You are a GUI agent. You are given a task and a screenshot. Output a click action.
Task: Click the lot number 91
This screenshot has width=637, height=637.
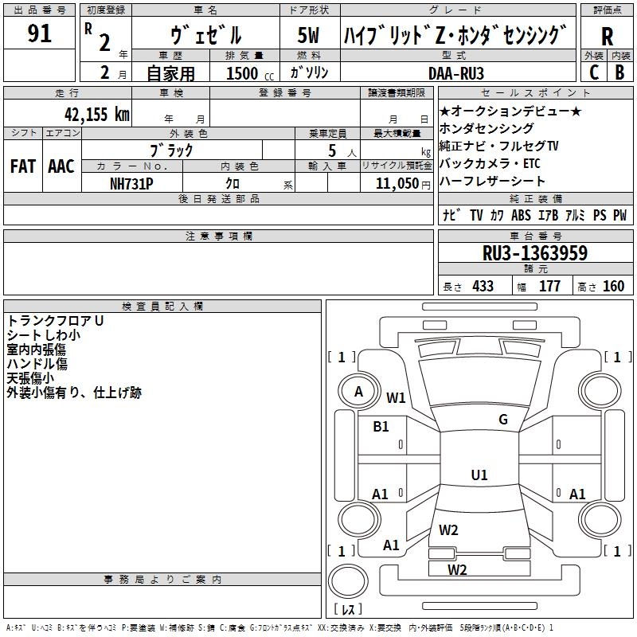(x=39, y=33)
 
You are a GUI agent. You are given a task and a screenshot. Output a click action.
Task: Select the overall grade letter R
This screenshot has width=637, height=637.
(x=607, y=37)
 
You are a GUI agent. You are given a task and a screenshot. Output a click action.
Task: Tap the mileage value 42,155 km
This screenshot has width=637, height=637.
(x=96, y=114)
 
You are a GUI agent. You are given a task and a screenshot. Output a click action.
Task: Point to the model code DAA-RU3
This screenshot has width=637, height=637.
(x=456, y=73)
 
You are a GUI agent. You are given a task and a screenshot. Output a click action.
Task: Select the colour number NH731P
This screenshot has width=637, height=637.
(x=131, y=184)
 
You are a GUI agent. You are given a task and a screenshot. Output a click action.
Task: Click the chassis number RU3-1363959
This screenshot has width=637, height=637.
(x=535, y=252)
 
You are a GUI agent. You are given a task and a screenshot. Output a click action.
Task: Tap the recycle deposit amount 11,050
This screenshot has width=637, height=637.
(x=397, y=184)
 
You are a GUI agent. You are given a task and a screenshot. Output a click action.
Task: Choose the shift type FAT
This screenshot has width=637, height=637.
(x=23, y=166)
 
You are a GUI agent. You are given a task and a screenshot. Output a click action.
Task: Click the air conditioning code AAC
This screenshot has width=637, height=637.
(x=61, y=166)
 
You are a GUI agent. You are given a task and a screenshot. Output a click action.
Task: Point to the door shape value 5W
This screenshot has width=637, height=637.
(x=308, y=35)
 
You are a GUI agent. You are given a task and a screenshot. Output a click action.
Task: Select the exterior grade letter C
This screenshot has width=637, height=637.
(x=594, y=72)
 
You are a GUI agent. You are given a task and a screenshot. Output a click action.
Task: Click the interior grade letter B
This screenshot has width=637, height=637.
(x=619, y=72)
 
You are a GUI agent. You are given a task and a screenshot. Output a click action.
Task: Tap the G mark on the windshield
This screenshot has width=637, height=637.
(x=503, y=420)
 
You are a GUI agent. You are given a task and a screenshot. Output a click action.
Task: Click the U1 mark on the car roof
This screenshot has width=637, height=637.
(x=479, y=475)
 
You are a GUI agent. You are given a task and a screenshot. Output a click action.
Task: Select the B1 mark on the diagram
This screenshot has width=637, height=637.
(x=381, y=427)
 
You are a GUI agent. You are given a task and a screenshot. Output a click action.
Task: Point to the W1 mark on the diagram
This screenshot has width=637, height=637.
(x=396, y=397)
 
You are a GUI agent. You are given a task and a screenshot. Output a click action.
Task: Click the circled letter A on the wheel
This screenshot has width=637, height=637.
(x=358, y=392)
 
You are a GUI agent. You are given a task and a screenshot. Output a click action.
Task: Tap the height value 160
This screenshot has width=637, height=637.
(x=613, y=286)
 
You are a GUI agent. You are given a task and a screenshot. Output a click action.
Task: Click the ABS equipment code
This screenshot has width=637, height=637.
(x=521, y=215)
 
